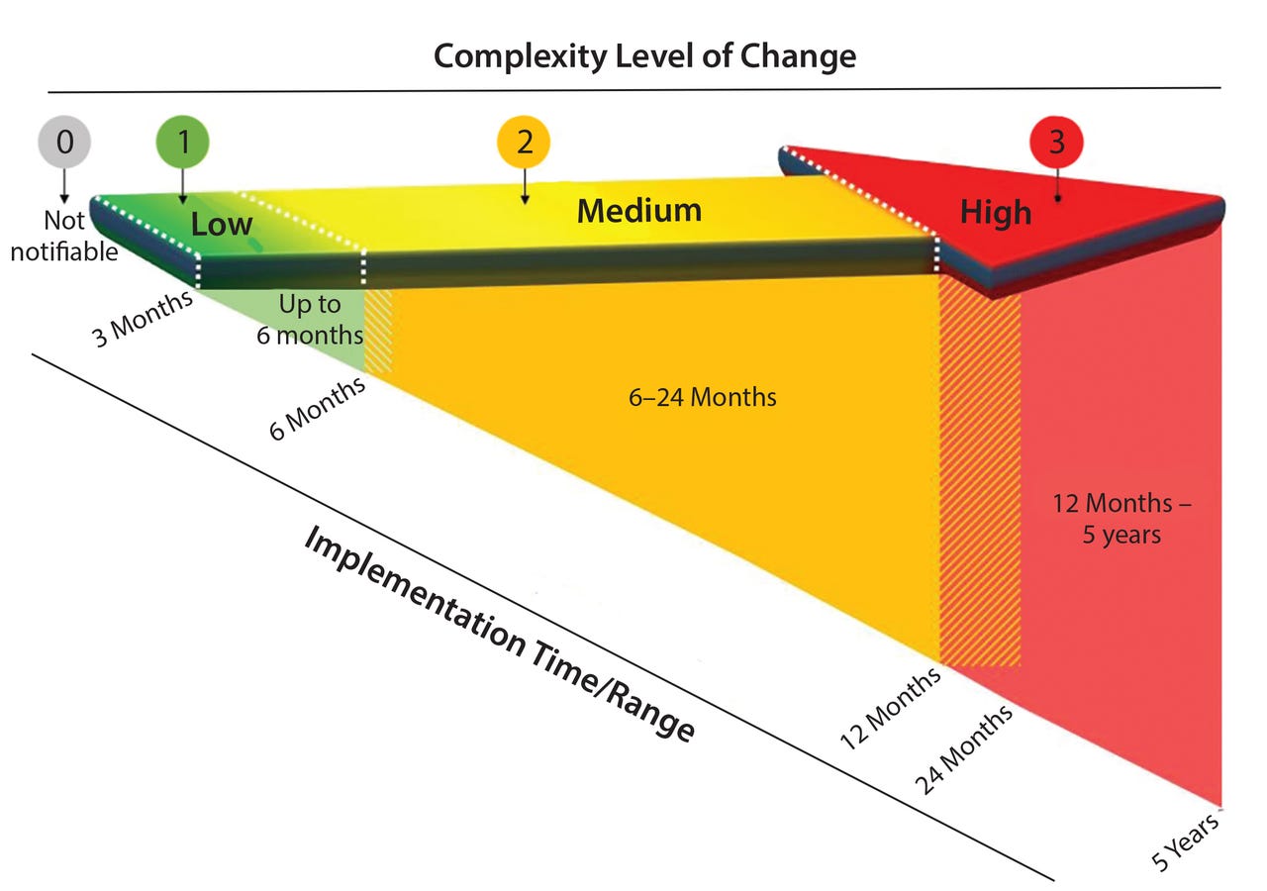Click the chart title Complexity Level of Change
[644, 55]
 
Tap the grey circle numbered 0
[64, 142]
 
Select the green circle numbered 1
[183, 142]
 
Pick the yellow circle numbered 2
[525, 143]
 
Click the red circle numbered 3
[1056, 142]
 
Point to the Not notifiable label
[64, 236]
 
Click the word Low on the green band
[222, 224]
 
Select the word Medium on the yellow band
[638, 211]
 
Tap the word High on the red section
[995, 213]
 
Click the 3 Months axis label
[142, 319]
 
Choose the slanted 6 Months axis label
[317, 409]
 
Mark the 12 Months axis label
[890, 711]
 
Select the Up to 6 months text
[308, 320]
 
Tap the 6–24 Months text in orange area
[703, 397]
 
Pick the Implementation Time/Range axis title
[499, 634]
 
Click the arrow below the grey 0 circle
[64, 184]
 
